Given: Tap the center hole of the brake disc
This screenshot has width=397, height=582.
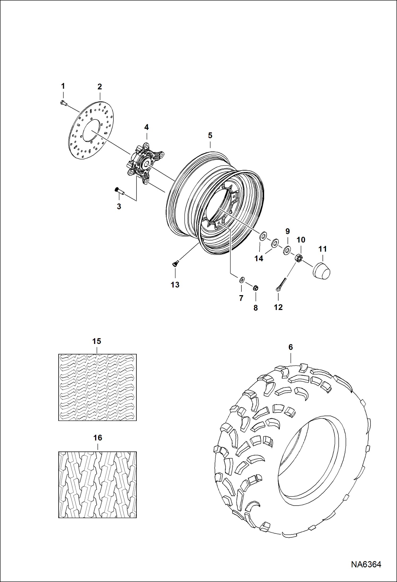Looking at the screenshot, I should [x=91, y=130].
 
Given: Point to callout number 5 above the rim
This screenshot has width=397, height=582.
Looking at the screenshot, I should [x=210, y=135].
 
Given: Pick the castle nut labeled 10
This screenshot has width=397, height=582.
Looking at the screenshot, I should [x=298, y=258].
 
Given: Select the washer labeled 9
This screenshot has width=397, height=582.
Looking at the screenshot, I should [x=287, y=250].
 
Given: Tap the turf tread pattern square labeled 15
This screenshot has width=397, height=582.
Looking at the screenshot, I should [x=97, y=387].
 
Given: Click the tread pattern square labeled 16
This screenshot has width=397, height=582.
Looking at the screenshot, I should [x=97, y=485].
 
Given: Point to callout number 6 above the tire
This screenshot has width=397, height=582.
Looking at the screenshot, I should [x=290, y=347].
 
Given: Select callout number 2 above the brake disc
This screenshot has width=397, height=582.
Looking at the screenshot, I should [x=99, y=87].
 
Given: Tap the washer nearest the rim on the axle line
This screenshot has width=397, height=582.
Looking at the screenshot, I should [x=263, y=236].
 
